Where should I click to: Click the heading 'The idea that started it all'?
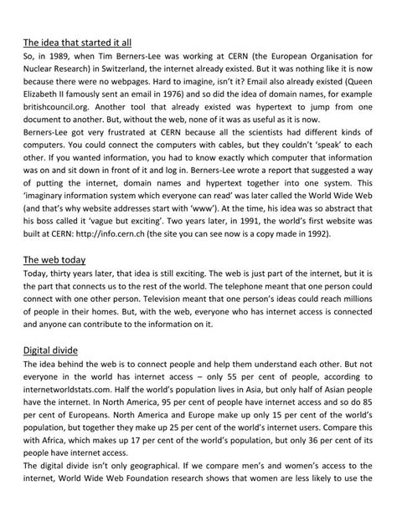(76, 42)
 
